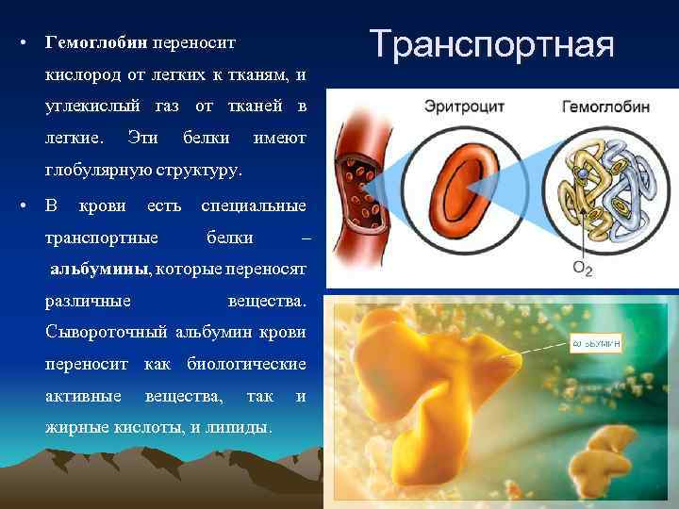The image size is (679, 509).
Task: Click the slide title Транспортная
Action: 491,43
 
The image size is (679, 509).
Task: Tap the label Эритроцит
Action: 464,106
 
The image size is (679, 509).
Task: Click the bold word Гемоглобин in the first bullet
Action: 90,43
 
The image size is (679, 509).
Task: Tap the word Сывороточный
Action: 106,332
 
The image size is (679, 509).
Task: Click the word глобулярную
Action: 100,172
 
